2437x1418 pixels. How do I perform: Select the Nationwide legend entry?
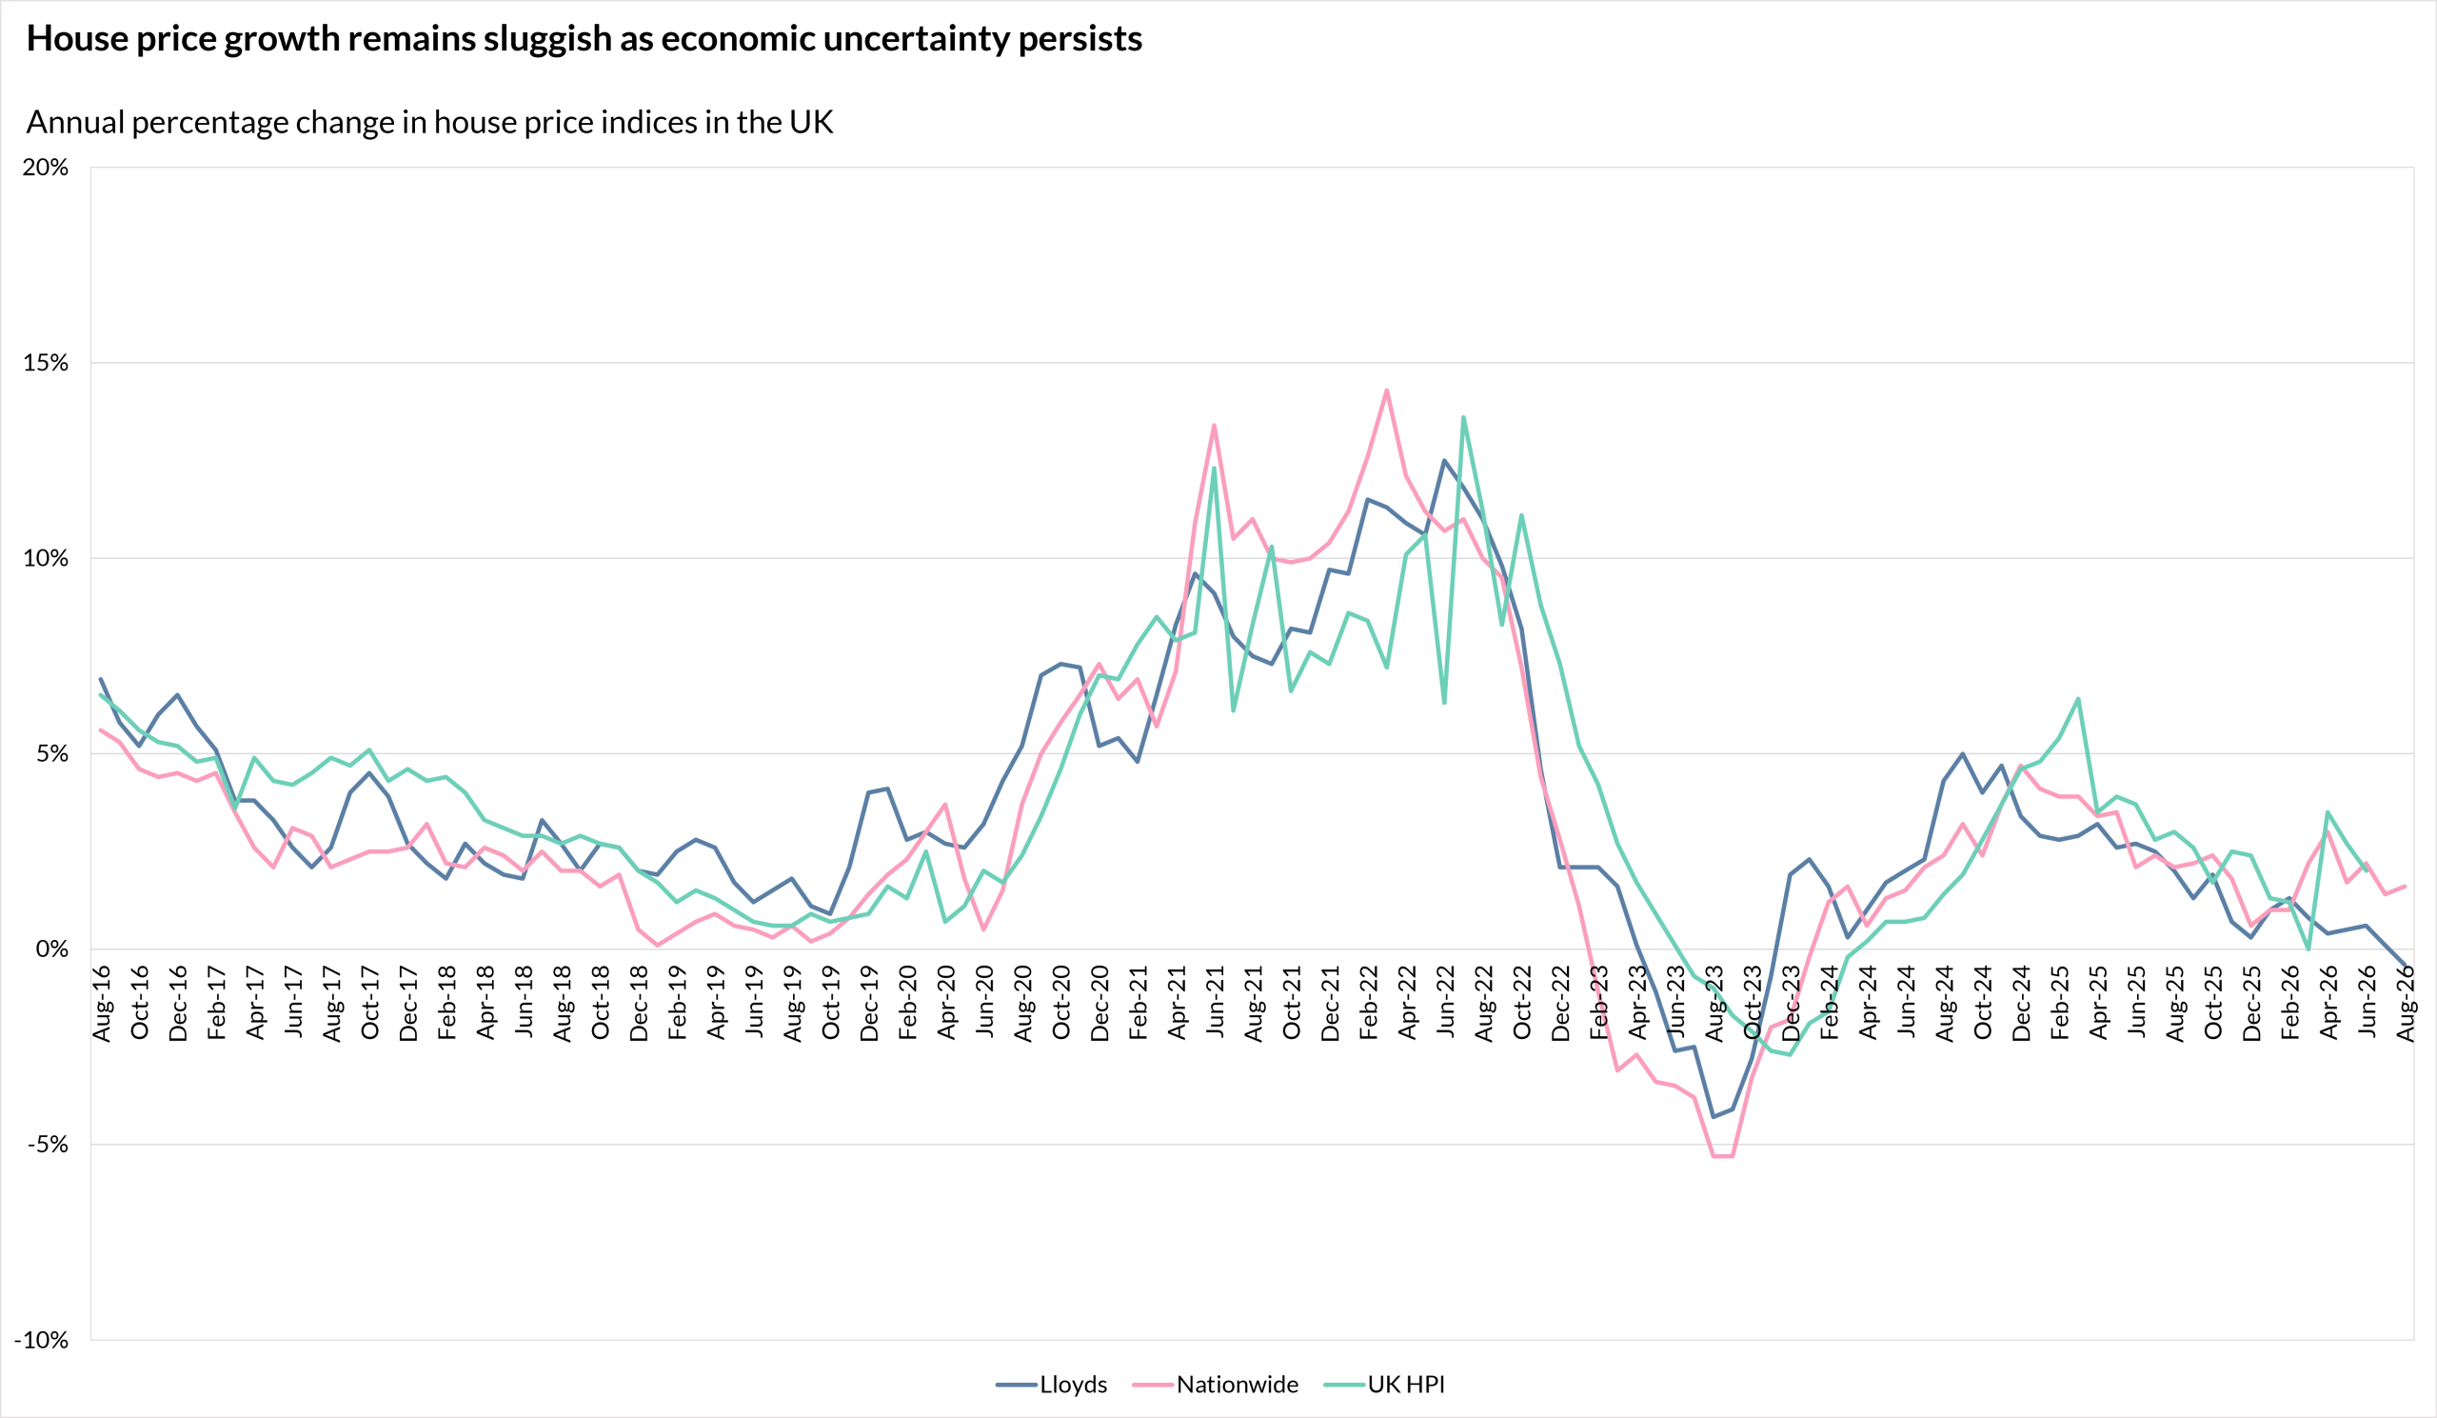(1216, 1384)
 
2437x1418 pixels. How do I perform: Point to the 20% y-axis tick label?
(46, 168)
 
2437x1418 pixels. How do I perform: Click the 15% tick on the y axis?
(46, 363)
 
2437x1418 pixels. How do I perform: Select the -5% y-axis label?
(49, 1145)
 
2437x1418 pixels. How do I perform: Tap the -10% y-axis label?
(42, 1340)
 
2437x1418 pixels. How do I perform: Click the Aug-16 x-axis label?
(102, 1003)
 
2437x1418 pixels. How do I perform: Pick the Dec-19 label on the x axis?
(869, 1003)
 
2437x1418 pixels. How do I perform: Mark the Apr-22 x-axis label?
(1407, 1002)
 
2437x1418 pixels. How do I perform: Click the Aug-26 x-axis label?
(2406, 1003)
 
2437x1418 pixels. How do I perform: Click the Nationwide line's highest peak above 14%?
(1387, 390)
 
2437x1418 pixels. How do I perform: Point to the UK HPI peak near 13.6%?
(1463, 418)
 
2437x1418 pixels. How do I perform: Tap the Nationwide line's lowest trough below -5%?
(1722, 1156)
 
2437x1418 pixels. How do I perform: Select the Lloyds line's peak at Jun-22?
(1445, 460)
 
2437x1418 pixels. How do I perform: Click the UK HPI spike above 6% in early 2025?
(2078, 698)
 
